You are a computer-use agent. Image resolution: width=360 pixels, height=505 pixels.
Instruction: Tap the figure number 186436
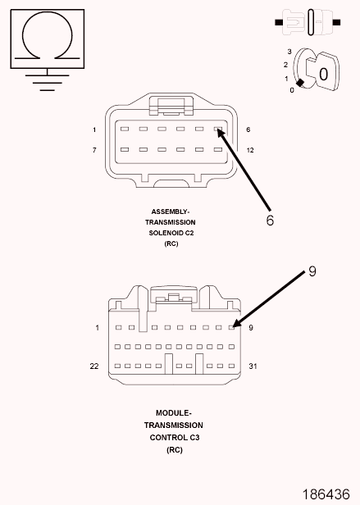tap(326, 494)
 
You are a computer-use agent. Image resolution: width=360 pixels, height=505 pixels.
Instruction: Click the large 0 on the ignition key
tap(323, 75)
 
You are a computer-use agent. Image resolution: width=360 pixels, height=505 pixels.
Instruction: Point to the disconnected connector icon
tap(308, 22)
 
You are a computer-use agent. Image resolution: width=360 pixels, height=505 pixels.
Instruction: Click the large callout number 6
tap(270, 221)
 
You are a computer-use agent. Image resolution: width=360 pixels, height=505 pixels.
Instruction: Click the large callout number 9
tap(312, 271)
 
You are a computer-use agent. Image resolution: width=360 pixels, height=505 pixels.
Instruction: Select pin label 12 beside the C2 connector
tap(250, 150)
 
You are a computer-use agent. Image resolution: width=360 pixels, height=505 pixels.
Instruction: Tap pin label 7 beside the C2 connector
tap(94, 150)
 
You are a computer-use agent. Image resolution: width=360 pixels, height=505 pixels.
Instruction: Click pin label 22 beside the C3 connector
tap(94, 366)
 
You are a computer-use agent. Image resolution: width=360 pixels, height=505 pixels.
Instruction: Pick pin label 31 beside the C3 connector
tap(253, 366)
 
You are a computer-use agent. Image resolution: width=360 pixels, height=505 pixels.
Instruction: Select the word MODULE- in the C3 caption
tap(173, 413)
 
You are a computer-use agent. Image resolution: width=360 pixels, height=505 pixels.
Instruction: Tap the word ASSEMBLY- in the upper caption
tap(171, 212)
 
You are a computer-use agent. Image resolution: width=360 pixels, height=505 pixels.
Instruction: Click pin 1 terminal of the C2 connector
tap(125, 130)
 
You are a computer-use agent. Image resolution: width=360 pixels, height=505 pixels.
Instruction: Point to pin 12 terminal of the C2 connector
tap(218, 149)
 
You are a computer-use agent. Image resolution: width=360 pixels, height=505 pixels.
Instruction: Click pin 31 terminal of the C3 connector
tap(231, 366)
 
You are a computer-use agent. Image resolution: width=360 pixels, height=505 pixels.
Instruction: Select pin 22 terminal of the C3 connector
tap(117, 366)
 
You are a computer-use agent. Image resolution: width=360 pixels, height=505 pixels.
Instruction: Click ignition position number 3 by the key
tap(289, 52)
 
